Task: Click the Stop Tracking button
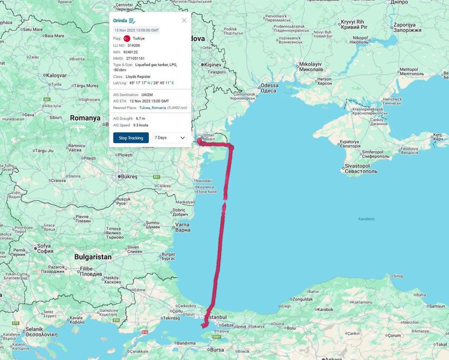tap(131, 137)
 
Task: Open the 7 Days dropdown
tap(170, 137)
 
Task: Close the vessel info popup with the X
tap(184, 20)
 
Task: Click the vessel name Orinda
tap(120, 20)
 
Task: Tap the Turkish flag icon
tap(127, 39)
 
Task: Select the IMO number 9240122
tap(131, 52)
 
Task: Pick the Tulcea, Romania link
tap(152, 107)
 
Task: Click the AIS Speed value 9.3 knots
tap(141, 125)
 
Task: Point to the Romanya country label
tap(85, 118)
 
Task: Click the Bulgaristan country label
tap(92, 257)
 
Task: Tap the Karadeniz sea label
tap(366, 219)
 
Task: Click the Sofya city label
tap(44, 246)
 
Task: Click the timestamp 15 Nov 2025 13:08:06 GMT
tap(136, 30)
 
